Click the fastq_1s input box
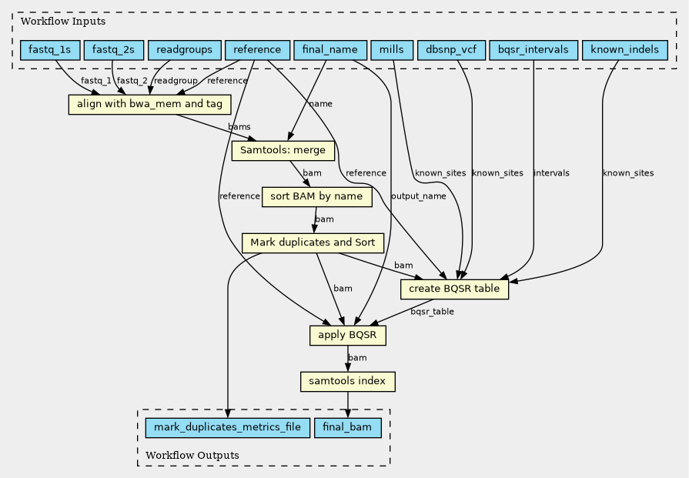(x=49, y=50)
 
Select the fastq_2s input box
(x=113, y=50)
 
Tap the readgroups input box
(x=184, y=50)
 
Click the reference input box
(x=257, y=50)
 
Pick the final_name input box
(x=330, y=50)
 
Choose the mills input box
(x=392, y=50)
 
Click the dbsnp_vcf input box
(x=451, y=50)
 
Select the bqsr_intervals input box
(x=533, y=50)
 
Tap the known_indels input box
(x=625, y=50)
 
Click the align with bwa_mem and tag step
(x=149, y=105)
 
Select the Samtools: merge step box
(x=283, y=151)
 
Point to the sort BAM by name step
(x=317, y=197)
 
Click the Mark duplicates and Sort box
(x=313, y=243)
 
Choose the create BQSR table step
(x=454, y=289)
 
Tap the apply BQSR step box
(x=347, y=336)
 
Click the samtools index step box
(x=347, y=382)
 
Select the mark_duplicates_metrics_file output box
(x=228, y=428)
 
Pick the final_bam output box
(x=347, y=428)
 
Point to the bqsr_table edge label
(x=433, y=312)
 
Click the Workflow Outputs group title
(x=192, y=456)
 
